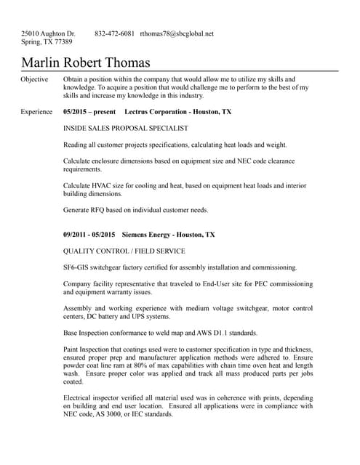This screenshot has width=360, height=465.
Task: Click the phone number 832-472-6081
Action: click(x=114, y=33)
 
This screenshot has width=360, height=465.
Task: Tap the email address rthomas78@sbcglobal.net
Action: click(x=177, y=33)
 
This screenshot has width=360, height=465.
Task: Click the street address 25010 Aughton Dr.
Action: click(x=48, y=33)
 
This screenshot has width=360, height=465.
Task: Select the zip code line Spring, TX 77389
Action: click(x=47, y=42)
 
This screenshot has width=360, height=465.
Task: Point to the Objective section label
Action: click(x=34, y=79)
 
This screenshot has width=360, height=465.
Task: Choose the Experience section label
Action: click(x=36, y=112)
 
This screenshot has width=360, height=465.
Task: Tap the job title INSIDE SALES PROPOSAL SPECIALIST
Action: click(x=126, y=128)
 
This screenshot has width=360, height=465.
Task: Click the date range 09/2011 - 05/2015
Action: click(x=89, y=235)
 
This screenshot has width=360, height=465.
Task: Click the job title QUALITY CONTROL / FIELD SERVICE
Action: click(x=124, y=251)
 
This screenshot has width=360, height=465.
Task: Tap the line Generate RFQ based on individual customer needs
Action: click(x=135, y=210)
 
